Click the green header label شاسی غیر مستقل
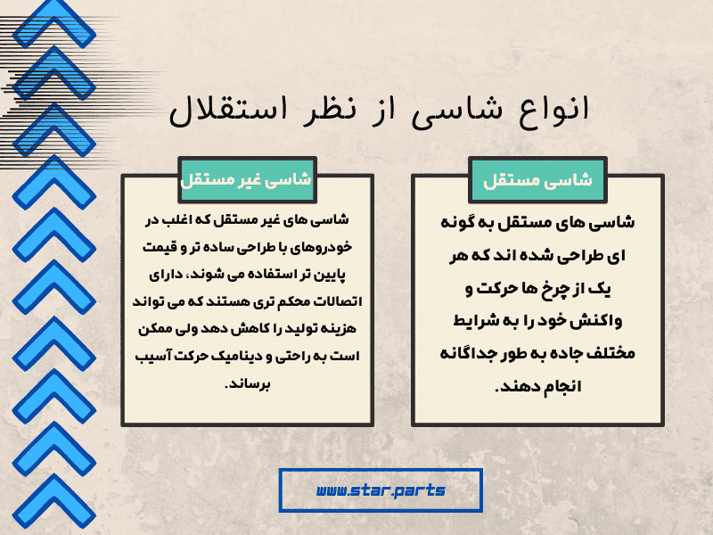click(246, 178)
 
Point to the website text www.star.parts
click(381, 490)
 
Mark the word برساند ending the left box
click(246, 385)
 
